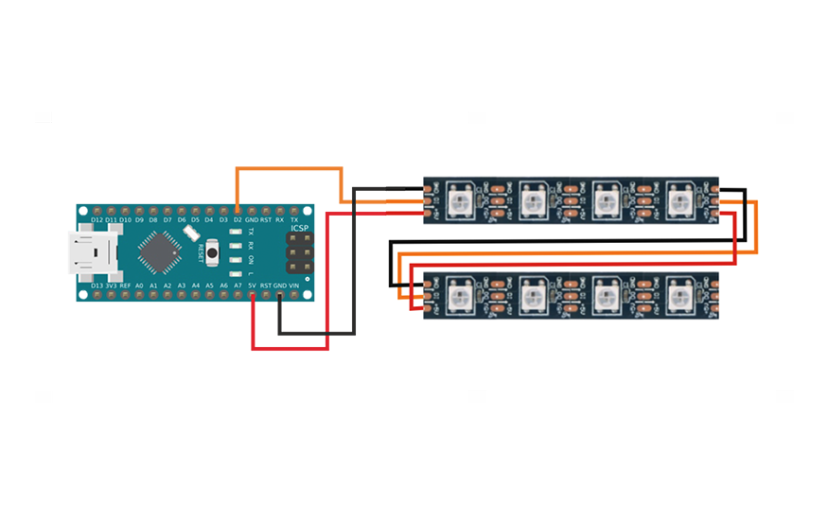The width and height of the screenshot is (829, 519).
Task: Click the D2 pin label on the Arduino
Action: click(x=238, y=219)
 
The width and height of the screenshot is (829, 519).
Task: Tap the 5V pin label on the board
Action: click(x=252, y=285)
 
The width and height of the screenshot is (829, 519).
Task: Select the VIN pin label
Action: click(x=294, y=285)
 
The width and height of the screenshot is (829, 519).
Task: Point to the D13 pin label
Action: click(x=97, y=285)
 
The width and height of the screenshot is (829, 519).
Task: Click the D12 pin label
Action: click(x=97, y=219)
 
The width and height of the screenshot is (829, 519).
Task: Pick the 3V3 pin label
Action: click(x=111, y=285)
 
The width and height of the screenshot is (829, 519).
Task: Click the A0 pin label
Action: click(x=139, y=285)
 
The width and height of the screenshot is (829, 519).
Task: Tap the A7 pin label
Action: click(x=238, y=285)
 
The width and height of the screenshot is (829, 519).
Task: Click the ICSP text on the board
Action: click(x=298, y=228)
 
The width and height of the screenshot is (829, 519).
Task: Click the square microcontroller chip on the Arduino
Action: click(x=158, y=251)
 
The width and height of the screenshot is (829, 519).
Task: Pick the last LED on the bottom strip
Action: click(x=679, y=295)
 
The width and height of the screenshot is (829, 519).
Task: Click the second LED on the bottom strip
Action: click(x=533, y=295)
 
